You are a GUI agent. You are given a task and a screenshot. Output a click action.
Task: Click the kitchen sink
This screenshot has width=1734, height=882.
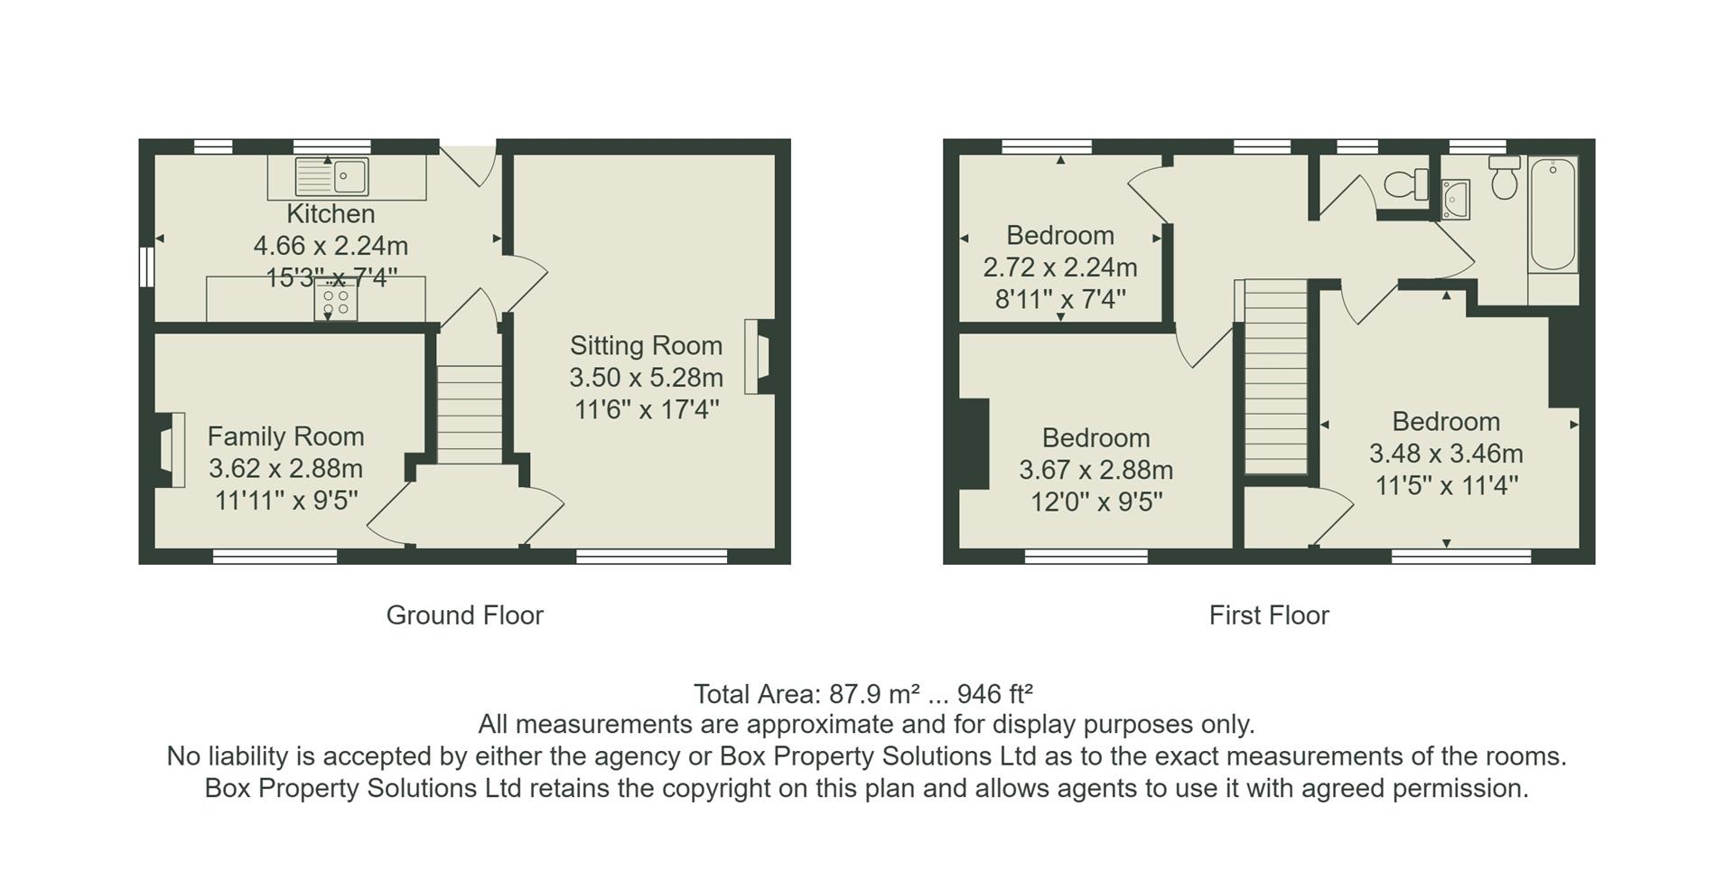pos(331,177)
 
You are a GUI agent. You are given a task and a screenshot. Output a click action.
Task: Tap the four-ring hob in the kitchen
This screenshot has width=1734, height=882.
pos(335,302)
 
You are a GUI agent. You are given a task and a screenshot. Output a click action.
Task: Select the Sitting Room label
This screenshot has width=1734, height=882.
pos(646,346)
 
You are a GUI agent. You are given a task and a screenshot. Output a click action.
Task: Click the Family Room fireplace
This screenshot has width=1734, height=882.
pos(171,449)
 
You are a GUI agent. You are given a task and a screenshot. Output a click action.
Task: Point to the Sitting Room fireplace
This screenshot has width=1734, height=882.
pos(757,356)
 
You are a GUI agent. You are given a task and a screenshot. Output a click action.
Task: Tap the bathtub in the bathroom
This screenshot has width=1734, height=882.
pos(1552,215)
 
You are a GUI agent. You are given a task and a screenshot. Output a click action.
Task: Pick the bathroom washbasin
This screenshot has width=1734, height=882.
pos(1456,200)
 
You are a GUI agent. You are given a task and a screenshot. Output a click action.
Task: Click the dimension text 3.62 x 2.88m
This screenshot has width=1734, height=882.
pos(285,469)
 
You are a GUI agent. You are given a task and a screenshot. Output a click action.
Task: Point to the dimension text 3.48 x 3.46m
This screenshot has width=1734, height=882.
pos(1446,454)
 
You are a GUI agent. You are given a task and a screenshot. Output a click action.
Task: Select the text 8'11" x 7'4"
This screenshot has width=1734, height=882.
pos(1060,299)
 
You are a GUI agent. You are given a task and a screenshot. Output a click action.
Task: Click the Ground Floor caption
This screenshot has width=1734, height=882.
pos(464,615)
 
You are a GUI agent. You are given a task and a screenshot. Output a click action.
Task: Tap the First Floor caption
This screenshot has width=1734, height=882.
pos(1269,615)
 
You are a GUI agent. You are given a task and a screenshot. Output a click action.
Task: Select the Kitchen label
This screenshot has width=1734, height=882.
pos(331,214)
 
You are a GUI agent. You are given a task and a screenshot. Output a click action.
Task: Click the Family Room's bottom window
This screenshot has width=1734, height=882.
pos(275,556)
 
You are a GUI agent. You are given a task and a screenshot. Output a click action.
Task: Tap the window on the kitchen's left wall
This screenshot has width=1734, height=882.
pos(146,267)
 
